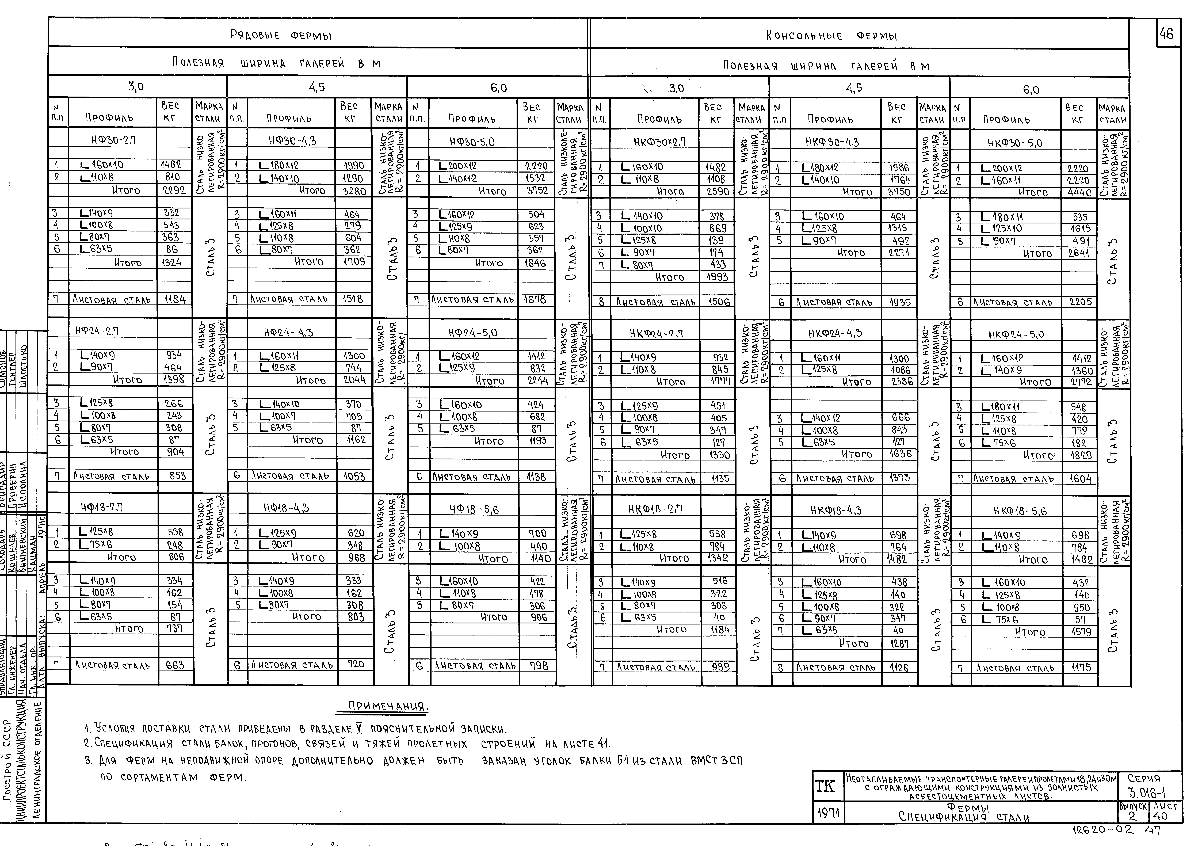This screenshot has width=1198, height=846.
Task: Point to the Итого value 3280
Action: (x=354, y=191)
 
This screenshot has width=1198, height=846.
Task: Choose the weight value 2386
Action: (x=901, y=382)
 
